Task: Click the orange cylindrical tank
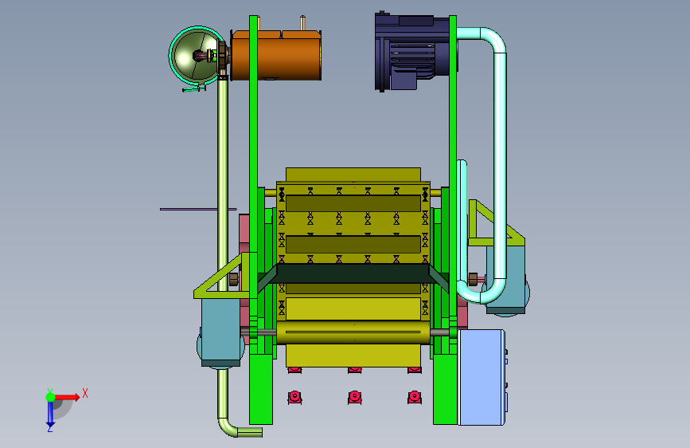pyautogui.click(x=276, y=56)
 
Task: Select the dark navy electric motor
pyautogui.click(x=412, y=52)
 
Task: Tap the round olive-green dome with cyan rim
pyautogui.click(x=197, y=56)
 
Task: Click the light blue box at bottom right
pyautogui.click(x=481, y=377)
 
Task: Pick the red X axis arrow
pyautogui.click(x=67, y=397)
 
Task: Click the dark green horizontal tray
pyautogui.click(x=353, y=274)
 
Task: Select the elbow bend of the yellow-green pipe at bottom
pyautogui.click(x=228, y=427)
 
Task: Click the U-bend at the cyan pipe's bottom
pyautogui.click(x=481, y=296)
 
